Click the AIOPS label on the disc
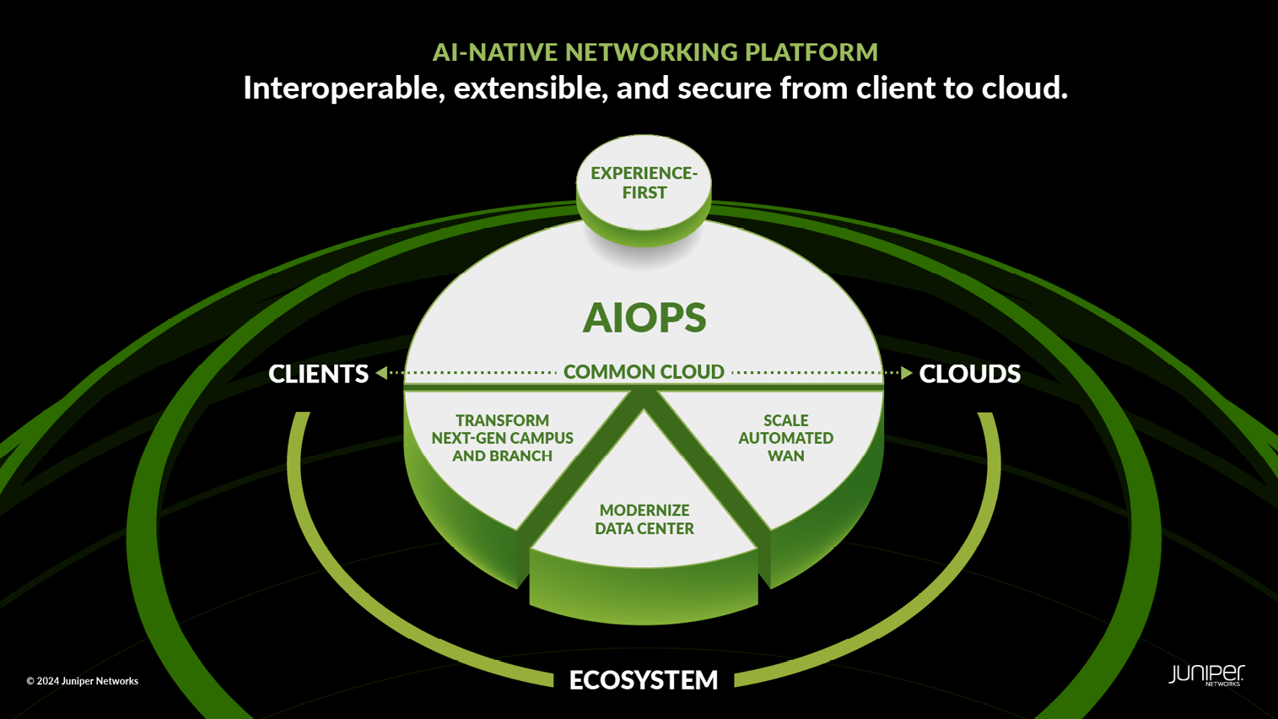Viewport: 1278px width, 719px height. tap(644, 317)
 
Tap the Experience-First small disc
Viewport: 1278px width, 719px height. tap(644, 183)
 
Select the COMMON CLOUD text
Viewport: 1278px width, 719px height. tap(644, 371)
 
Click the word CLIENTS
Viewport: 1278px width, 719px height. tap(318, 373)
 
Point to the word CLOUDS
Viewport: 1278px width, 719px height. tap(969, 373)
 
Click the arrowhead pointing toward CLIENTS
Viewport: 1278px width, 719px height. tap(382, 372)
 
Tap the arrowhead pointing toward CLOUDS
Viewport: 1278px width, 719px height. tap(906, 372)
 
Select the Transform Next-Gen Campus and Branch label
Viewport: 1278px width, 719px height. tap(502, 438)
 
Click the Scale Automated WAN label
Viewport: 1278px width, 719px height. tap(785, 438)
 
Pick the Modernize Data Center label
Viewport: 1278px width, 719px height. tap(644, 519)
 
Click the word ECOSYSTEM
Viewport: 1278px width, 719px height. tap(644, 679)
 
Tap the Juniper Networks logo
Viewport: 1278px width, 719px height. tap(1205, 675)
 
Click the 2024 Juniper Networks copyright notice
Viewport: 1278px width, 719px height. tap(82, 681)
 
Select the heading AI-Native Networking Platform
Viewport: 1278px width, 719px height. tap(655, 52)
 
